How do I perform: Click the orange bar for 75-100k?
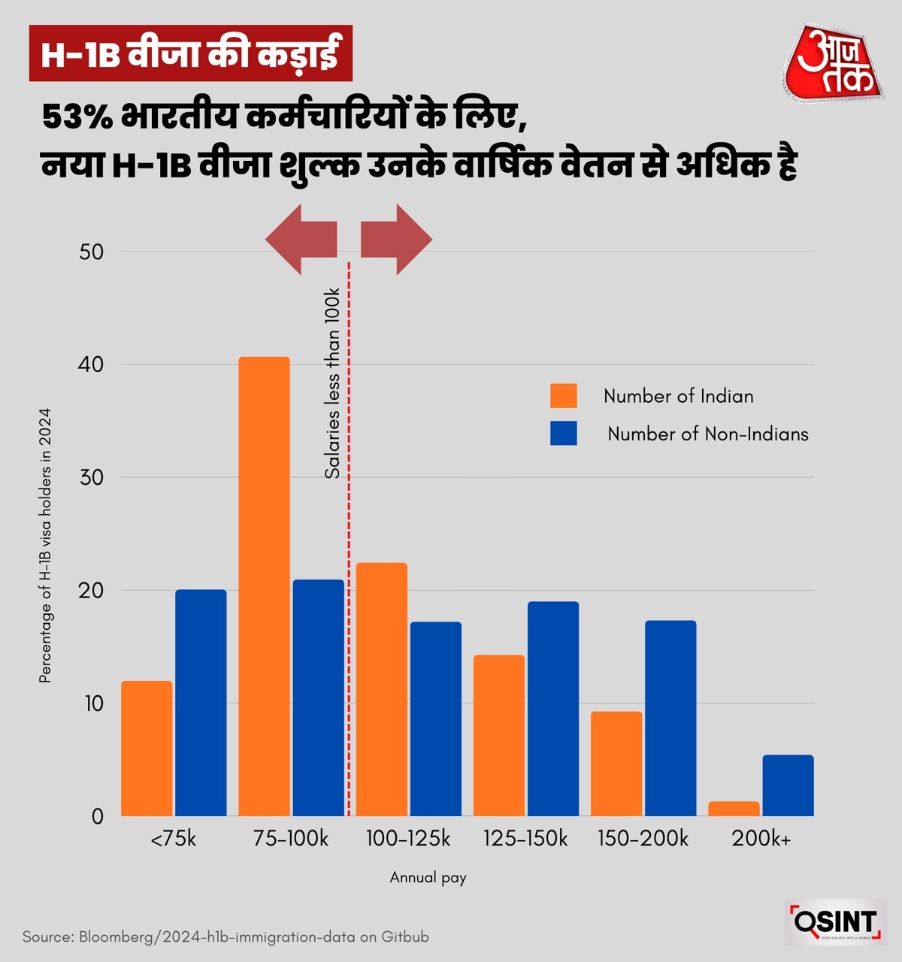264,586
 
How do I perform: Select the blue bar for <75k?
201,703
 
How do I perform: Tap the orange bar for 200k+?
734,809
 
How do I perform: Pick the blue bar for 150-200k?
670,718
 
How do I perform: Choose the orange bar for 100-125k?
382,689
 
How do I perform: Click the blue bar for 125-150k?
553,709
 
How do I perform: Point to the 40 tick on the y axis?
92,365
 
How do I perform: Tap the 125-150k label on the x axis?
525,839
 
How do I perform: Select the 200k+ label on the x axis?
761,839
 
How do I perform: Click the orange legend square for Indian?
564,396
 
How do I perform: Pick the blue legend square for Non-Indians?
564,434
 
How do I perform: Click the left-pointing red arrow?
301,240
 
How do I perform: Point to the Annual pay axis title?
428,877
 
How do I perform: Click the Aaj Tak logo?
832,62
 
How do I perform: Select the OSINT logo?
835,921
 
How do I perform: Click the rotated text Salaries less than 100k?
332,383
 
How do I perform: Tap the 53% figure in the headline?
77,118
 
